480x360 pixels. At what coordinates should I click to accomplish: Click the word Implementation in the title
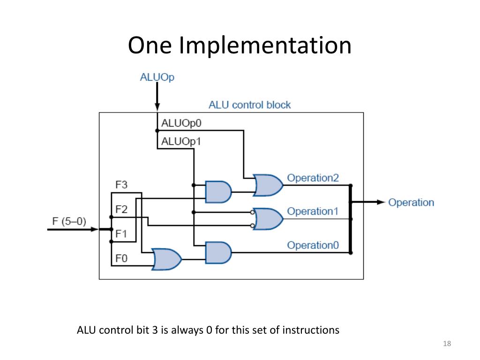pyautogui.click(x=265, y=45)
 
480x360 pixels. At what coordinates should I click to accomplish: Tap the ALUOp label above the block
pyautogui.click(x=157, y=77)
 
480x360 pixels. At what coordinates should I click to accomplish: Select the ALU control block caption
pyautogui.click(x=249, y=105)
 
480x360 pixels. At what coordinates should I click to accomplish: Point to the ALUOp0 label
pyautogui.click(x=181, y=123)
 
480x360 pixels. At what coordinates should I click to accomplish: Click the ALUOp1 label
pyautogui.click(x=181, y=142)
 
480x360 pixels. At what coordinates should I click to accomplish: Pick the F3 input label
pyautogui.click(x=121, y=185)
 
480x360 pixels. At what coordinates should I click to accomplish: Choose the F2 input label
pyautogui.click(x=121, y=209)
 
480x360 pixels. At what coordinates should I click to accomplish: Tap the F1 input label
pyautogui.click(x=121, y=234)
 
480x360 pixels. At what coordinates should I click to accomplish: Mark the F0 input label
pyautogui.click(x=121, y=258)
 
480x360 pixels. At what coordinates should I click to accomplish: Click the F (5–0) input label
pyautogui.click(x=69, y=221)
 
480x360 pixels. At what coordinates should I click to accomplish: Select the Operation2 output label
pyautogui.click(x=313, y=178)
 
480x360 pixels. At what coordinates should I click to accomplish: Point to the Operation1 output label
pyautogui.click(x=313, y=211)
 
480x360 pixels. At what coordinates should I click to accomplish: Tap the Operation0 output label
pyautogui.click(x=313, y=245)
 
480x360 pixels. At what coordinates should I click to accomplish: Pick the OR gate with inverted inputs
pyautogui.click(x=267, y=219)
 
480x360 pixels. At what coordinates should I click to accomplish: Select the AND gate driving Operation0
pyautogui.click(x=218, y=253)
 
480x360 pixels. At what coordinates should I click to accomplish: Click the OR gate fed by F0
pyautogui.click(x=167, y=259)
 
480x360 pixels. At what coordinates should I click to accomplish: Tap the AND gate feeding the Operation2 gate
pyautogui.click(x=218, y=192)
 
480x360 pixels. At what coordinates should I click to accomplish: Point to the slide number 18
pyautogui.click(x=447, y=344)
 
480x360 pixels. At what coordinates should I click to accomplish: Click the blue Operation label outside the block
pyautogui.click(x=411, y=202)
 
